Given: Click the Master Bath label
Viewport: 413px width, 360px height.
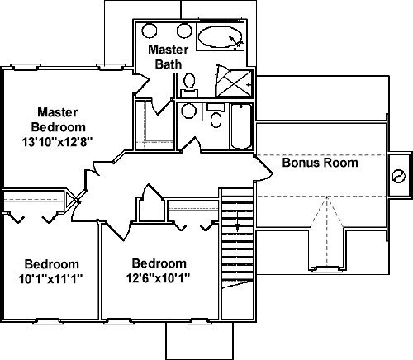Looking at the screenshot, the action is pos(169,57).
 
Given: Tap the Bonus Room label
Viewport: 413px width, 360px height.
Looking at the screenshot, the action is pos(320,163).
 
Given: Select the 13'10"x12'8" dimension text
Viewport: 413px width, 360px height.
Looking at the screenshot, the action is pos(57,142).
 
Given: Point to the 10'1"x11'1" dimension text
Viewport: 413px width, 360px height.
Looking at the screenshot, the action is pos(51,279).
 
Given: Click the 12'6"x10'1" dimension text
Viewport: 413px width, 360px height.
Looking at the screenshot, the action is pos(159,277).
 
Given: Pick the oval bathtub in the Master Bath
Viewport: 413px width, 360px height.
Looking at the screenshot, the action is pos(221,37).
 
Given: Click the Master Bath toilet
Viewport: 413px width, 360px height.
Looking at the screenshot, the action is pos(189,85).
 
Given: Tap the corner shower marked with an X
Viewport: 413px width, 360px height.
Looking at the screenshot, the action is pos(234,82).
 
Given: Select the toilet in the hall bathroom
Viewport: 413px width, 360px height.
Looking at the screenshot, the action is pos(216,116).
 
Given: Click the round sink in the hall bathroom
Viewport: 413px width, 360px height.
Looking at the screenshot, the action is pos(189,111).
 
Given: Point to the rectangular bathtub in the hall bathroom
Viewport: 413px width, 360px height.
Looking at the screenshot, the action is pos(242,126).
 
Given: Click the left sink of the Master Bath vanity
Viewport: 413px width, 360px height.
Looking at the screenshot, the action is pos(150,31).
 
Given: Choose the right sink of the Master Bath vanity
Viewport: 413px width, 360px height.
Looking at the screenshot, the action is pos(184,31).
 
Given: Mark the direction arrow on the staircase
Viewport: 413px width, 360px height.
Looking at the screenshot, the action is pos(238,221).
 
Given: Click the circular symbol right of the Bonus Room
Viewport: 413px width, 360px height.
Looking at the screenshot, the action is pos(398,176).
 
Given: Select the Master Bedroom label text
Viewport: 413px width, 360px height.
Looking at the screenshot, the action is pos(58,120).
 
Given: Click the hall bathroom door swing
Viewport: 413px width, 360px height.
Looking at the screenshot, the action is pos(191,144).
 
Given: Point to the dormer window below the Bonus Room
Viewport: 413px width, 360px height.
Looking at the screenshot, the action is pos(327,268).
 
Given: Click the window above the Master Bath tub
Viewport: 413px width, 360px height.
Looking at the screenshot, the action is pos(219,19).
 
